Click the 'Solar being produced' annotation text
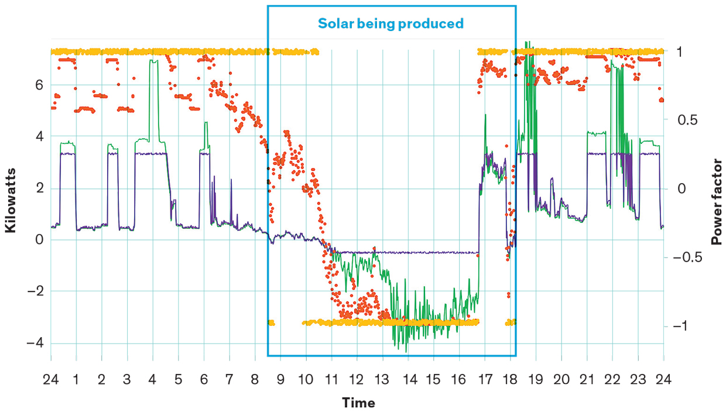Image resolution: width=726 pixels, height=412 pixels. (x=391, y=24)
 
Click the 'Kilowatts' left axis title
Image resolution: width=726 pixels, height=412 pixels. (x=11, y=201)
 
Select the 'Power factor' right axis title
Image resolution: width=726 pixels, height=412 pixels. (x=715, y=204)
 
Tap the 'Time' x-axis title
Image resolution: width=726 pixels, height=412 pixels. (x=358, y=403)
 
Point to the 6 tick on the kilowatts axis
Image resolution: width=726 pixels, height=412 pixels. (x=39, y=85)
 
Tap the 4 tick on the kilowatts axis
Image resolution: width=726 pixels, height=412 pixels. (x=39, y=136)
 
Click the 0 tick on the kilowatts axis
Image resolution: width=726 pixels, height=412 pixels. (x=39, y=239)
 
